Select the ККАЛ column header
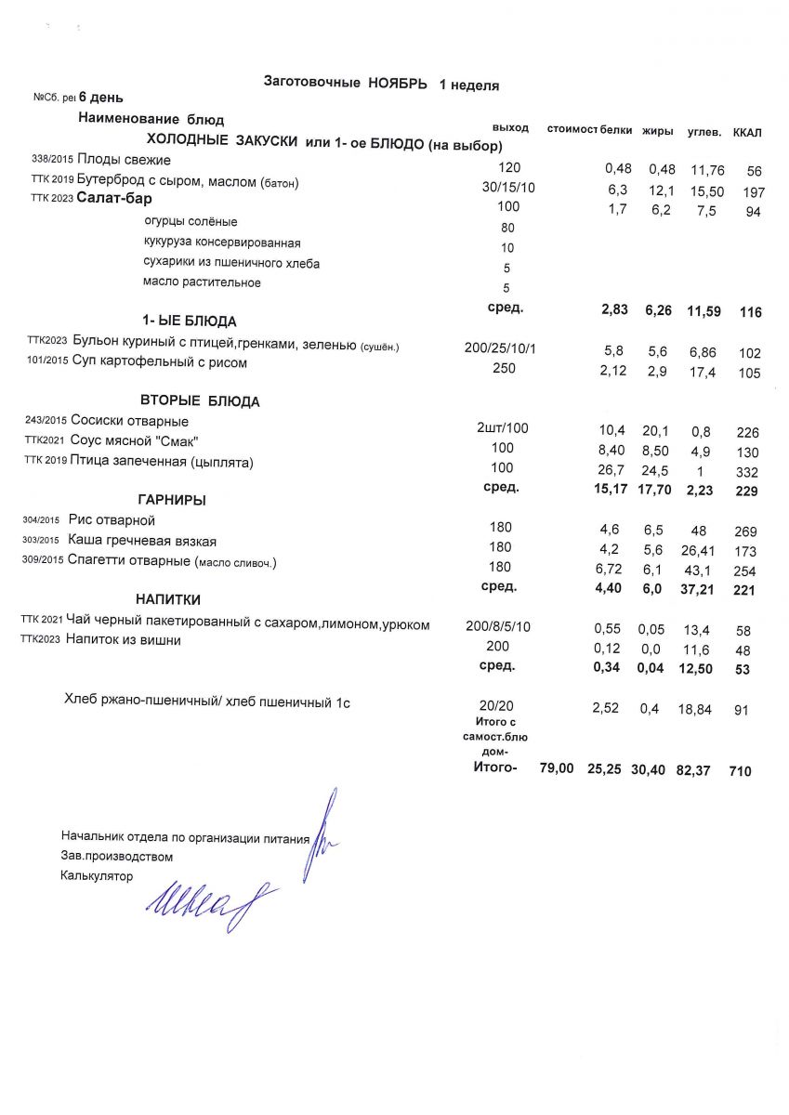click(746, 133)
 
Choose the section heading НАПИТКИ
click(168, 599)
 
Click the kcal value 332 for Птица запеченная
click(746, 472)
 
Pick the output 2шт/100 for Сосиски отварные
click(502, 428)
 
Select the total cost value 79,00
click(557, 770)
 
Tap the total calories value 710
click(741, 771)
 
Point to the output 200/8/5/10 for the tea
click(498, 626)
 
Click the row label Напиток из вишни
click(123, 640)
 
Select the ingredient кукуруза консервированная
click(222, 243)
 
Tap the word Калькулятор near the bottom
click(97, 875)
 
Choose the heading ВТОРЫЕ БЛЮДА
click(200, 402)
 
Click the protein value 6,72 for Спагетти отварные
click(610, 567)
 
